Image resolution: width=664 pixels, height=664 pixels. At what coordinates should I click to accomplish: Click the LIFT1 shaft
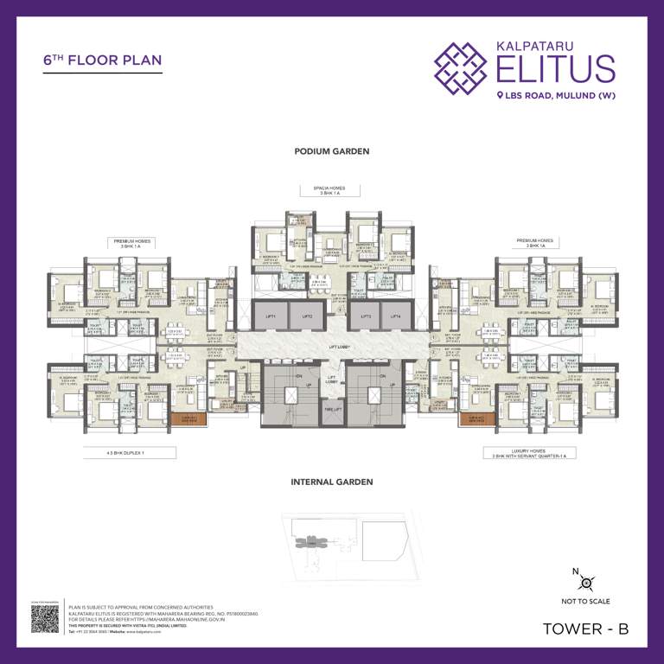pyautogui.click(x=271, y=317)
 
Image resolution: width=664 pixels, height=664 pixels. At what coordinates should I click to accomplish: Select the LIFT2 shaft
pyautogui.click(x=306, y=317)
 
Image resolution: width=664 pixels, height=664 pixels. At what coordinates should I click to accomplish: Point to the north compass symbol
pyautogui.click(x=585, y=582)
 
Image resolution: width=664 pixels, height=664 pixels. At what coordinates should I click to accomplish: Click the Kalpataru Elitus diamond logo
pyautogui.click(x=460, y=67)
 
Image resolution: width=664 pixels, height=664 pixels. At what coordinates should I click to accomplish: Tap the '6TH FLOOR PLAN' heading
pyautogui.click(x=102, y=62)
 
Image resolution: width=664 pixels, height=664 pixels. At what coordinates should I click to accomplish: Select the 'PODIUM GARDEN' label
pyautogui.click(x=332, y=151)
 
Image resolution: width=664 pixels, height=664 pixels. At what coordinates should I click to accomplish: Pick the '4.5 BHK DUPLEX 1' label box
pyautogui.click(x=130, y=452)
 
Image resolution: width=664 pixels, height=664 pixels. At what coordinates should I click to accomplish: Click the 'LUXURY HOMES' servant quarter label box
pyautogui.click(x=529, y=452)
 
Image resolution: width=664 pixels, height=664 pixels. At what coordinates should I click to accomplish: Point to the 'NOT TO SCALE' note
pyautogui.click(x=585, y=602)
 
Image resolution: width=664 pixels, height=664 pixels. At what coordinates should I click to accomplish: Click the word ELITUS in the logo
pyautogui.click(x=555, y=67)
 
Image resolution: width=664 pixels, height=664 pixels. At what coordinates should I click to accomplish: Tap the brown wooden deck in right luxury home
pyautogui.click(x=476, y=418)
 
